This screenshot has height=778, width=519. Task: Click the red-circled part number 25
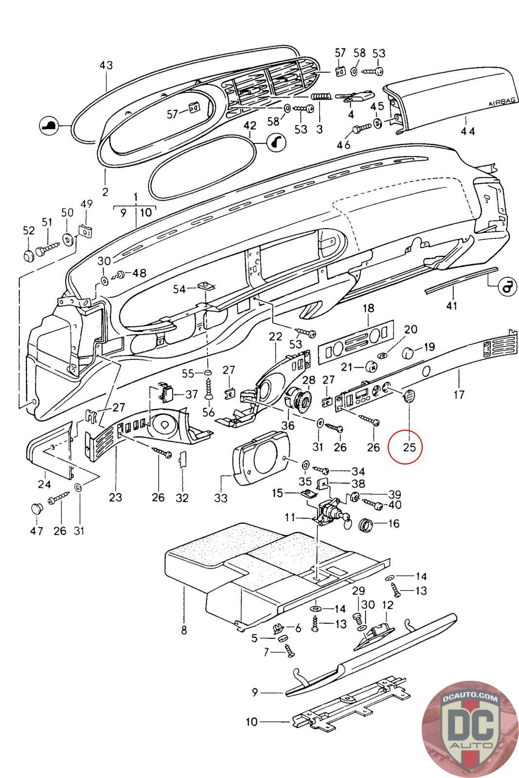pos(410,446)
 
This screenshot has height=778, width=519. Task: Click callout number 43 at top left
pos(106,65)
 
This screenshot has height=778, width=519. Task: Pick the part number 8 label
pos(184,630)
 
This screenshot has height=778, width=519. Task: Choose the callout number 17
pos(459,394)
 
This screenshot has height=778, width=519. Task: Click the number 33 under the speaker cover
pos(221,497)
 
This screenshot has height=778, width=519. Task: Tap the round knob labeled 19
pos(413,350)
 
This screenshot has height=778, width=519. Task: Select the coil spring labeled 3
pos(321,97)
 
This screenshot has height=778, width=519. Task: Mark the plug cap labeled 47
pos(36,509)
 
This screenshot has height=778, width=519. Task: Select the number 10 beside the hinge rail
pos(251,722)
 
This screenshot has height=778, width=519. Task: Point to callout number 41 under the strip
pos(452,306)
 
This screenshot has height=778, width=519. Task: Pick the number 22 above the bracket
pos(275,336)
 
